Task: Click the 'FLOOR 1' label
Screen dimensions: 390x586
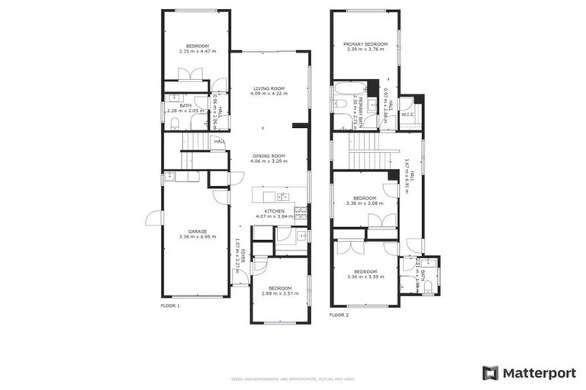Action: [170, 305]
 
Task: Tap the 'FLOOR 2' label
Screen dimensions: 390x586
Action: [339, 315]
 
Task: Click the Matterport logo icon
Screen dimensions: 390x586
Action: [490, 372]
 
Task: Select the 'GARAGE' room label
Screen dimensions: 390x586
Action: [198, 232]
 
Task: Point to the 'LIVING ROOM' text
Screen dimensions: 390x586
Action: [269, 89]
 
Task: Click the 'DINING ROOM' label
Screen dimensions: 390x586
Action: [269, 156]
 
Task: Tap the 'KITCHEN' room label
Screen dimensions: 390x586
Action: [275, 211]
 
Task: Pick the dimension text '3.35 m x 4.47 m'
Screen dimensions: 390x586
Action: [198, 51]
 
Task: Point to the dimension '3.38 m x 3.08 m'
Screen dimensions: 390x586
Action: [365, 203]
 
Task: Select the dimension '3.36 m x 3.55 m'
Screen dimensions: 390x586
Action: [365, 277]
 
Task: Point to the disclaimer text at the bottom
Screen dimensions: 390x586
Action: [293, 379]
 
